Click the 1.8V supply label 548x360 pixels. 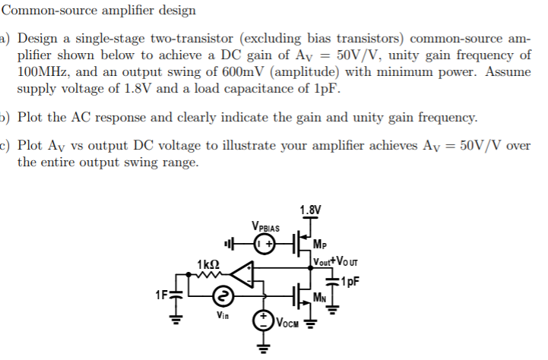tap(310, 210)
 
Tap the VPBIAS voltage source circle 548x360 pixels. tap(265, 245)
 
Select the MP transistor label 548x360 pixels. tap(322, 245)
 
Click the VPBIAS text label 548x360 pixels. tap(265, 226)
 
